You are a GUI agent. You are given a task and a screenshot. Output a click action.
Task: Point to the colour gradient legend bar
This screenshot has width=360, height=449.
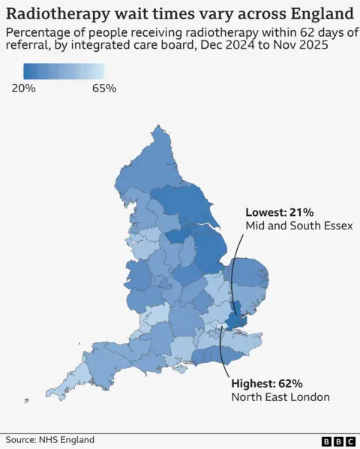point(63,71)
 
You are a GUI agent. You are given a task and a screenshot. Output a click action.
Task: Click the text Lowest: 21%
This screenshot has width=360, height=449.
point(277,212)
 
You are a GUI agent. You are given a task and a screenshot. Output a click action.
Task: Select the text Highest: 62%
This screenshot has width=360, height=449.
point(267,382)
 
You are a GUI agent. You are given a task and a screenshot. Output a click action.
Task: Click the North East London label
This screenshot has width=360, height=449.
point(280,397)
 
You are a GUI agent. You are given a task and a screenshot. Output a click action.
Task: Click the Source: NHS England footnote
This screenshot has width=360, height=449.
point(50,440)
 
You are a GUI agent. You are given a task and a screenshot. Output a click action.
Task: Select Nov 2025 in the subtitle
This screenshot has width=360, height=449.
point(307,48)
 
